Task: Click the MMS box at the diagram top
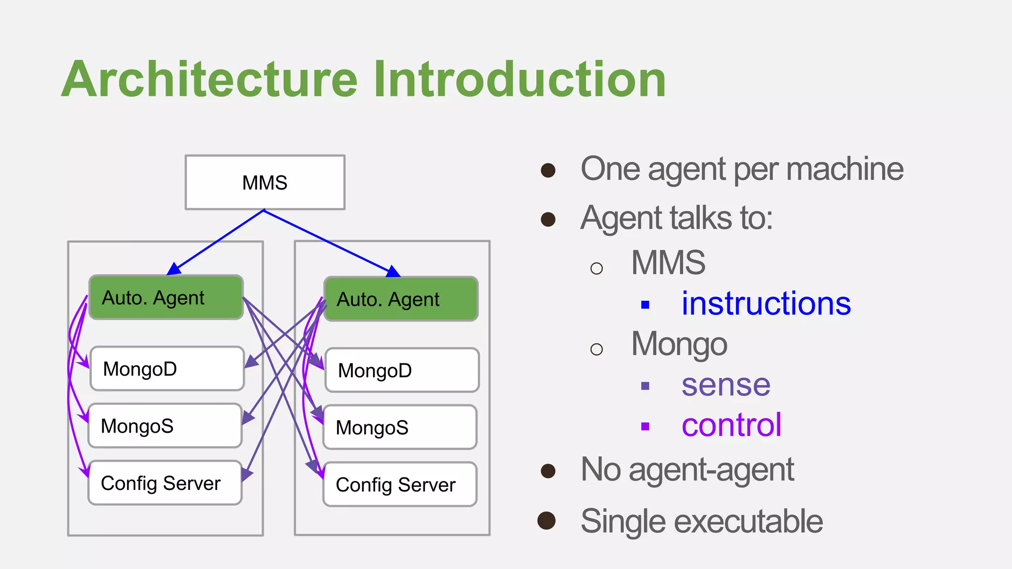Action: pyautogui.click(x=265, y=182)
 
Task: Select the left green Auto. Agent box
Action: pyautogui.click(x=166, y=297)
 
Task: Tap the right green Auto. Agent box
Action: pyautogui.click(x=401, y=299)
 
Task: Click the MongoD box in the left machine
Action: pyautogui.click(x=167, y=368)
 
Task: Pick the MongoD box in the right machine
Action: pyautogui.click(x=402, y=370)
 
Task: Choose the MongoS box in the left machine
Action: pyautogui.click(x=165, y=426)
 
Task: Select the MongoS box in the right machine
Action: pyautogui.click(x=400, y=427)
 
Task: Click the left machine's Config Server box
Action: pyautogui.click(x=165, y=483)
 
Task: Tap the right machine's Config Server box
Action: pyautogui.click(x=400, y=484)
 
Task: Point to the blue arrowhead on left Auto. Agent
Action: pyautogui.click(x=173, y=269)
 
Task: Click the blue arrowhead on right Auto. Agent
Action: pyautogui.click(x=393, y=271)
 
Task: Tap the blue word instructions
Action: pyautogui.click(x=766, y=303)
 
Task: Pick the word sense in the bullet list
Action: pyautogui.click(x=725, y=385)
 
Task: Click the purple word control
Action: pyautogui.click(x=731, y=425)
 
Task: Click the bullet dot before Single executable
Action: pyautogui.click(x=547, y=521)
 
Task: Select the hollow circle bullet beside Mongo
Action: pyautogui.click(x=596, y=349)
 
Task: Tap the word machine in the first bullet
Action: pyautogui.click(x=844, y=169)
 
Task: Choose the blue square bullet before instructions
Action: pyautogui.click(x=645, y=305)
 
